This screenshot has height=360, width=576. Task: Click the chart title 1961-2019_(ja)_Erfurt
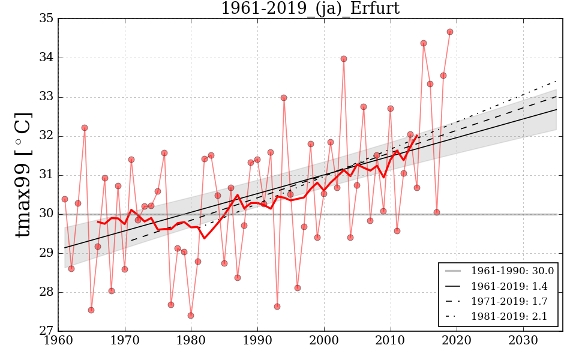pos(310,8)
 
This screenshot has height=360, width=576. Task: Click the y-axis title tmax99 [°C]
pos(23,175)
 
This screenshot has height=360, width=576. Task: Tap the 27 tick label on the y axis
pos(47,331)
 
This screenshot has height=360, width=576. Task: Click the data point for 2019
pos(450,32)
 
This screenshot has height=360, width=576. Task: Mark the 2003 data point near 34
pos(344,59)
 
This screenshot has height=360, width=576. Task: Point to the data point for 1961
pos(65,199)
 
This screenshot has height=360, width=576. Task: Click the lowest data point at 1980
pos(191,316)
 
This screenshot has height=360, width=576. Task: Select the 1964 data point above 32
pos(85,128)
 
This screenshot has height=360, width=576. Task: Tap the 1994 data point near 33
pos(284,98)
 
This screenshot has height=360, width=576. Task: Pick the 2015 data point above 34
pos(424,43)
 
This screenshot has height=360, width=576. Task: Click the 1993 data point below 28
pos(277,307)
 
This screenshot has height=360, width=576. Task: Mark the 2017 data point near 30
pos(437,212)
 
